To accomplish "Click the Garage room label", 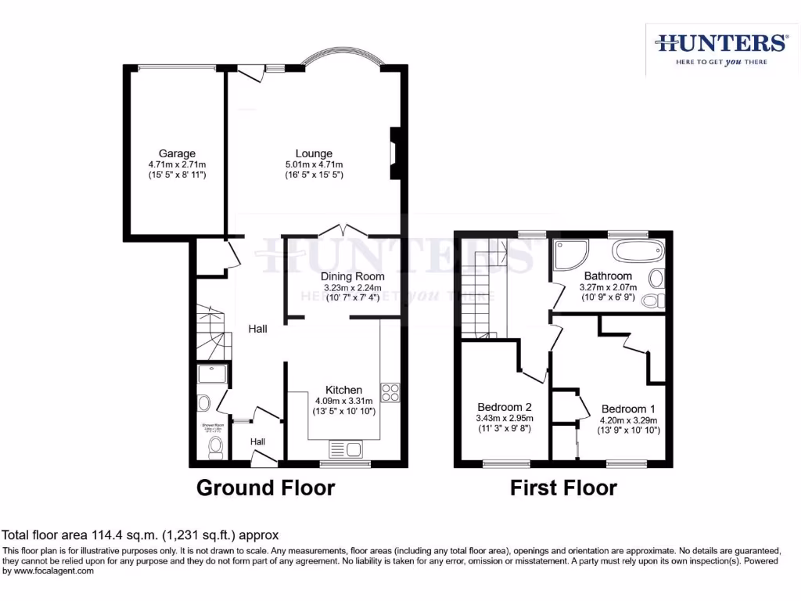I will pos(177,153).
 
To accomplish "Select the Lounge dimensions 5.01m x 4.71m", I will pos(314,164).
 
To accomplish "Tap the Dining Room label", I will pos(352,276).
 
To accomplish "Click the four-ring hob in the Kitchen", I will pos(390,393).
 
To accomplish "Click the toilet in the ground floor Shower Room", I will pos(215,447).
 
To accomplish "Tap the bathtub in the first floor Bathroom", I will pos(638,252).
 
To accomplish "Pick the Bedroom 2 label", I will pos(505,407).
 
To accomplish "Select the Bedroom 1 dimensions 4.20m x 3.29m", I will pos(628,420).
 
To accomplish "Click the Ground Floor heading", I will pos(265,488).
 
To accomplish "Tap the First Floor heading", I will pos(563,488).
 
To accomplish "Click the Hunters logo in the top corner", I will pos(721,48).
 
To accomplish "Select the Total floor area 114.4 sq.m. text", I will pos(141,536).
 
